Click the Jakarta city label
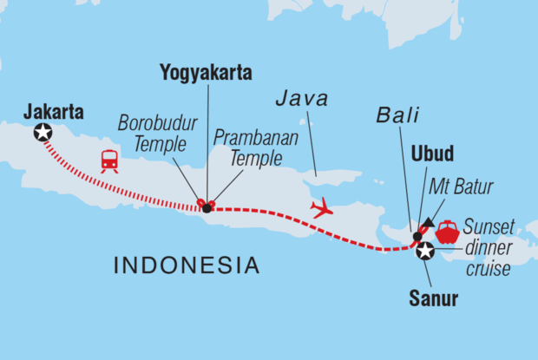(54, 112)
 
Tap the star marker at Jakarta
(42, 132)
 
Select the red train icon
(109, 161)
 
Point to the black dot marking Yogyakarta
(206, 208)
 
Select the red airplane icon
(322, 208)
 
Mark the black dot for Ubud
(417, 236)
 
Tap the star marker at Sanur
(425, 252)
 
